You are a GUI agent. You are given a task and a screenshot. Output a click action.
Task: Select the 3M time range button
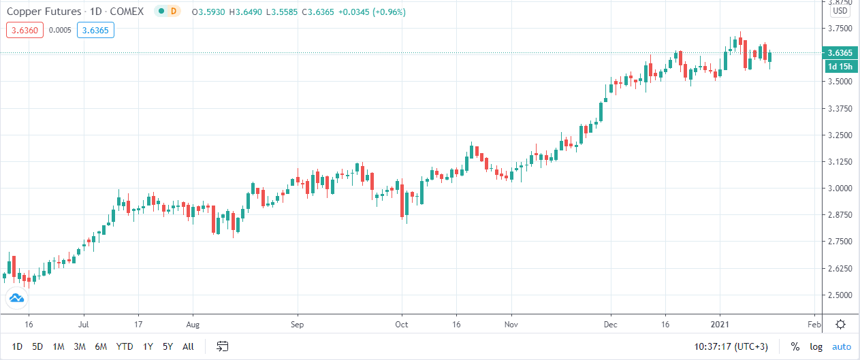click(x=80, y=346)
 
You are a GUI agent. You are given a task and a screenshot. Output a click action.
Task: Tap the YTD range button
click(x=125, y=346)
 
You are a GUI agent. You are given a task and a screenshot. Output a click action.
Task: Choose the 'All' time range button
click(x=189, y=346)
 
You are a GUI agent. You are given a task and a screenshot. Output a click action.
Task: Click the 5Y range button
click(x=168, y=346)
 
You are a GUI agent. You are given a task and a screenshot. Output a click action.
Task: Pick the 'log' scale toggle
click(x=816, y=346)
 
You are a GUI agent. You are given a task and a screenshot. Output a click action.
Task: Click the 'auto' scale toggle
click(x=841, y=346)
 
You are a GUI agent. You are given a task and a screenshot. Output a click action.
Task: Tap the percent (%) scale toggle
click(x=795, y=346)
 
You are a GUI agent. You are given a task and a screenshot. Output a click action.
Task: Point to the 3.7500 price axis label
click(x=840, y=29)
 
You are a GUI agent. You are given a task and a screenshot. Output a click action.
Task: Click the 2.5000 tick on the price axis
click(x=840, y=295)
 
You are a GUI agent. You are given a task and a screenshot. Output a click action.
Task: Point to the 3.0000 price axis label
click(x=840, y=189)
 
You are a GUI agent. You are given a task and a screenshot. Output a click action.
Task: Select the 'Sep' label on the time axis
click(x=297, y=324)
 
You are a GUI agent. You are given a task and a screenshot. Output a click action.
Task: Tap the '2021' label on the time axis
click(x=720, y=324)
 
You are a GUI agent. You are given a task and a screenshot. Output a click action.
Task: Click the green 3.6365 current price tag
click(x=838, y=53)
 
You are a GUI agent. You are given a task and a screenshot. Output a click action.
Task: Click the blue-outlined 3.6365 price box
click(x=96, y=29)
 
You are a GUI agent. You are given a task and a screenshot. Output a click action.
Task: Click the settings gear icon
click(x=841, y=324)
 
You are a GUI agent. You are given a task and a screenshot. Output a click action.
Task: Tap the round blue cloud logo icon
click(x=16, y=298)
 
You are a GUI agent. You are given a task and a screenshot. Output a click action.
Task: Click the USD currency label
click(x=840, y=10)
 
